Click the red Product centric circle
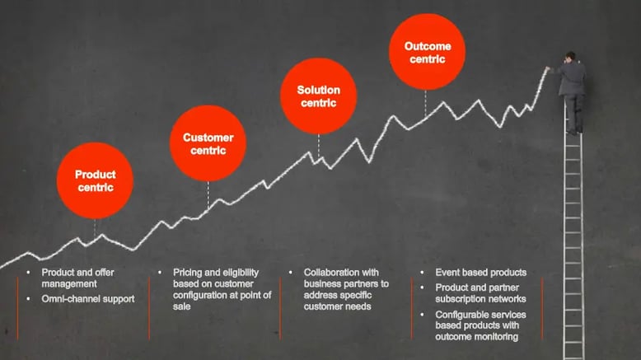point(95,180)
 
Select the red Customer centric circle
point(208,143)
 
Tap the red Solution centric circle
point(319,96)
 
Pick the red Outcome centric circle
point(428,52)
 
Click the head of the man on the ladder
point(571,56)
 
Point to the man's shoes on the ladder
point(575,131)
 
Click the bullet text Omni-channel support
point(88,299)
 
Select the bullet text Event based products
point(481,273)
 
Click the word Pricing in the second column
point(187,273)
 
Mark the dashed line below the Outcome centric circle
point(426,104)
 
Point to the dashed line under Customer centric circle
point(208,196)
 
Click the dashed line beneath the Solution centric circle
point(319,147)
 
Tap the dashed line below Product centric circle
point(95,229)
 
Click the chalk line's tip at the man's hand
point(546,68)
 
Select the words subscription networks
point(481,299)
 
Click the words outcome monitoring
point(477,337)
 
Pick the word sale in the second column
point(181,306)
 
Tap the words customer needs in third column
point(337,306)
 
